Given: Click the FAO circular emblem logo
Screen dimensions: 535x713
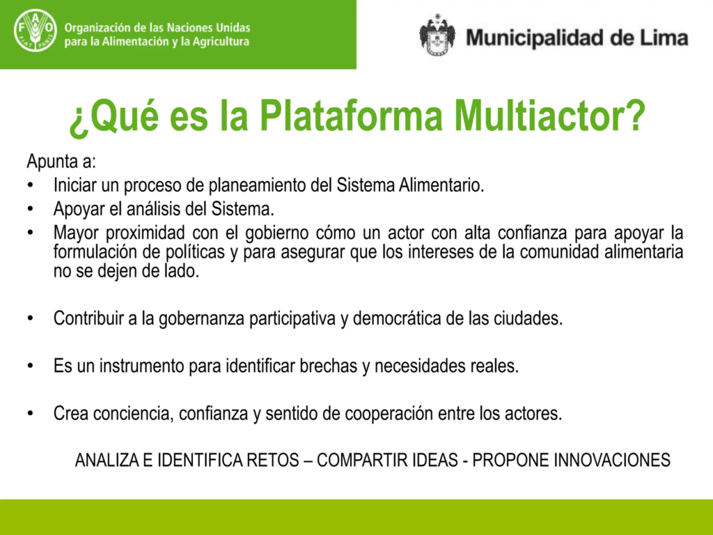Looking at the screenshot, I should click(34, 31).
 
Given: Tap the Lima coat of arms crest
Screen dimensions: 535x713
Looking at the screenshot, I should click(437, 35).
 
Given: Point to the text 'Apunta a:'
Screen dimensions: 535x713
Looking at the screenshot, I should click(61, 162).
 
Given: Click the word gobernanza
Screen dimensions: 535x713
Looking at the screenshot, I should click(196, 319).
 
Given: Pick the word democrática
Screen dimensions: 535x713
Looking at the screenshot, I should click(397, 319).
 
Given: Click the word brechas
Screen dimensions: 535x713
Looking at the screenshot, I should click(328, 366).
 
